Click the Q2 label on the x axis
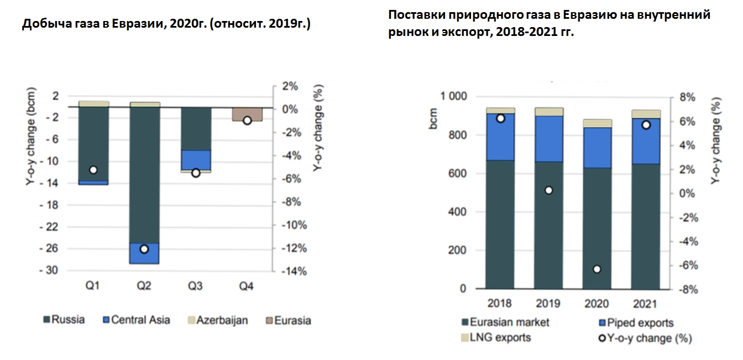[x=144, y=286]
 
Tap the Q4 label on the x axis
[x=247, y=286]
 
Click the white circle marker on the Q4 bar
[x=247, y=120]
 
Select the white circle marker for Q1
[x=93, y=170]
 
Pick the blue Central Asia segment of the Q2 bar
[x=144, y=253]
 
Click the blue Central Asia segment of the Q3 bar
[x=196, y=160]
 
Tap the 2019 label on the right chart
[x=548, y=304]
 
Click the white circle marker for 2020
[x=597, y=269]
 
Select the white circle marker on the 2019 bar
[x=548, y=190]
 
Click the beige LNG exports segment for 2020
[x=597, y=123]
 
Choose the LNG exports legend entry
[x=496, y=337]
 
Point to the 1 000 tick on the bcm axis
[x=453, y=96]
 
